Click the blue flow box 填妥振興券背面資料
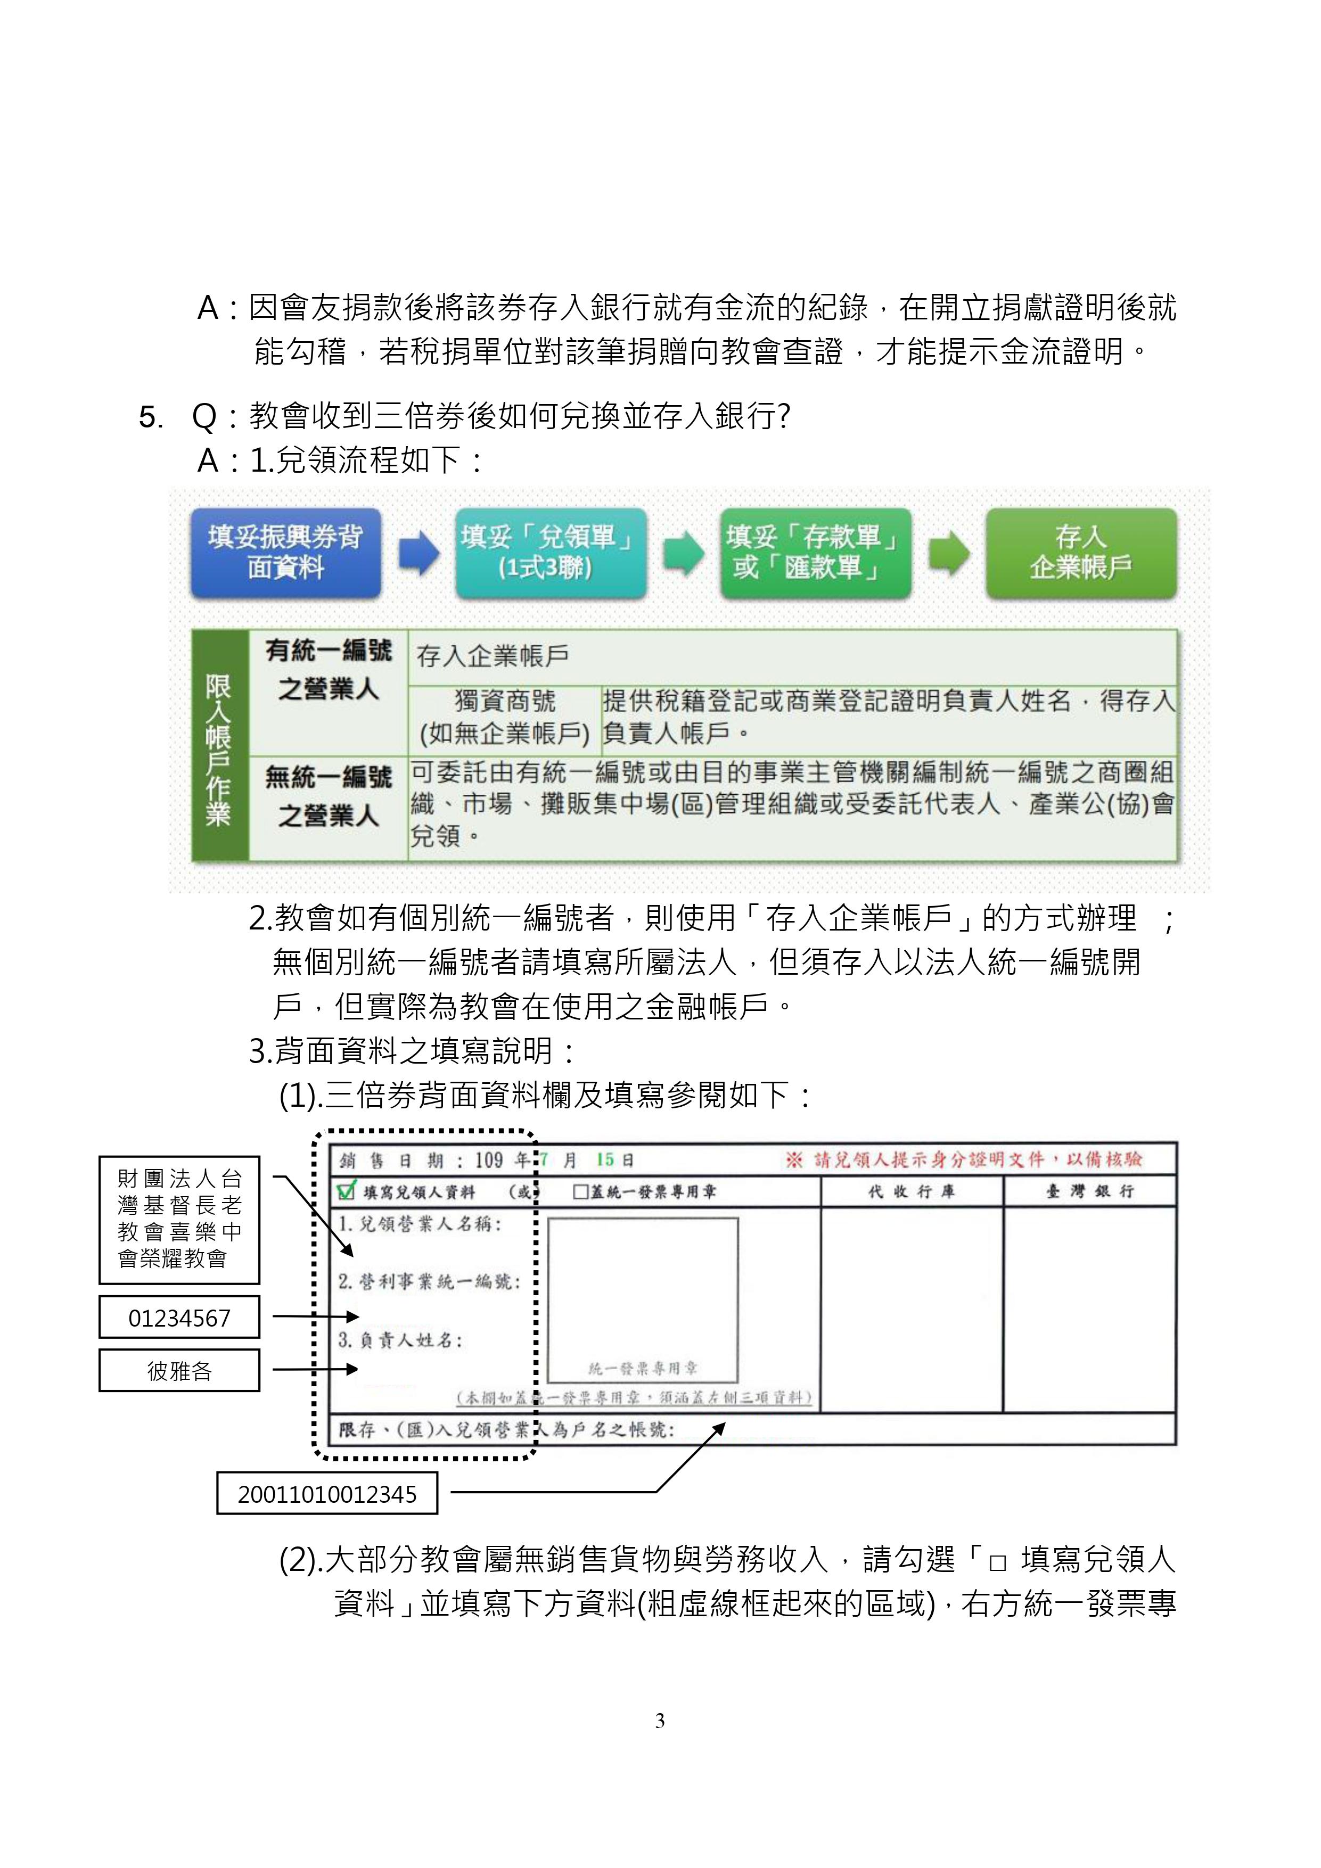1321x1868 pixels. (286, 553)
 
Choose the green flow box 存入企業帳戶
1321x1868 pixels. (1081, 553)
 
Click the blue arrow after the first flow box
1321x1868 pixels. (419, 553)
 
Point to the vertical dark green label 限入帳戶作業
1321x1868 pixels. (219, 745)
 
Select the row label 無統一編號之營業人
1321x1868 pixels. (328, 796)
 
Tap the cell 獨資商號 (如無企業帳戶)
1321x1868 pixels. (505, 717)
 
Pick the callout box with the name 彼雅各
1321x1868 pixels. (179, 1371)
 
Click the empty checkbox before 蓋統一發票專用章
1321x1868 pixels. (580, 1192)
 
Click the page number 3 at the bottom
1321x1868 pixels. (660, 1720)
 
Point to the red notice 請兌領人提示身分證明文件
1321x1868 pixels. (963, 1159)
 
